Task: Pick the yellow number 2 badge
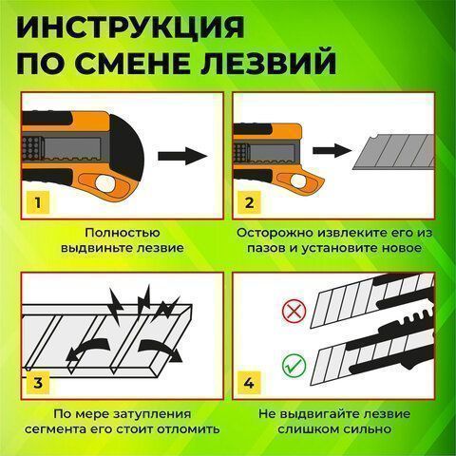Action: pyautogui.click(x=250, y=202)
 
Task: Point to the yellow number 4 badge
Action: pyautogui.click(x=250, y=383)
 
